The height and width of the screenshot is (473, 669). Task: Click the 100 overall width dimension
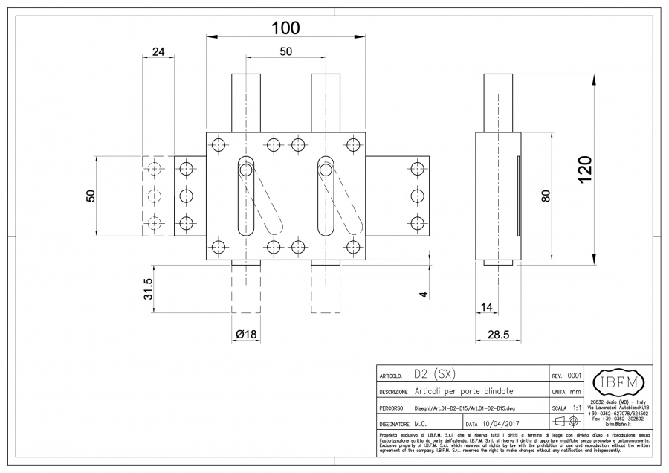coord(285,28)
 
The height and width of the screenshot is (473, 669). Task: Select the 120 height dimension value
coord(584,169)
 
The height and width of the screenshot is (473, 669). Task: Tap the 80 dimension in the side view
coord(545,196)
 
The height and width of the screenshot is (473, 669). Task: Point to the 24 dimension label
coord(158,52)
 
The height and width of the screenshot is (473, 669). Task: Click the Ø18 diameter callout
coord(245,335)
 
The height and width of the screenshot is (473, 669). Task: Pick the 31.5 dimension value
coord(148,289)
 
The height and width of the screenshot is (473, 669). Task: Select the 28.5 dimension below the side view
coord(498,335)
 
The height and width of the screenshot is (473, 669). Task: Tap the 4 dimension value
coord(424,295)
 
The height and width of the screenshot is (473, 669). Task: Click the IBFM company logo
coord(620,384)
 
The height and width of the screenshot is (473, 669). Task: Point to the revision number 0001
coord(574,376)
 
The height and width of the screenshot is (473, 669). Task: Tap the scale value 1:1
coord(577,408)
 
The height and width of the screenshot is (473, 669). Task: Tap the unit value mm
coord(576,392)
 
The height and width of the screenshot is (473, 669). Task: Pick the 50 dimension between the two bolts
coord(285,51)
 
